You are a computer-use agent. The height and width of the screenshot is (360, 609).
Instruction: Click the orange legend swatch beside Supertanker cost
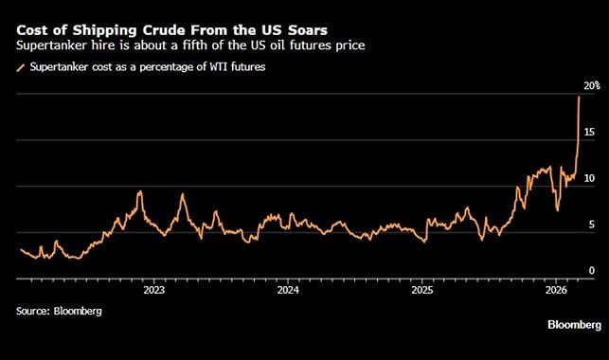(x=21, y=66)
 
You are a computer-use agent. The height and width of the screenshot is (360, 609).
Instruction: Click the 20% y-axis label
(x=590, y=86)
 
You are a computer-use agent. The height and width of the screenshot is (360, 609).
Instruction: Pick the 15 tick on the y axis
(x=589, y=133)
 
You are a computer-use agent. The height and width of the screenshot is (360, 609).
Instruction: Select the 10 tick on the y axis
(x=589, y=178)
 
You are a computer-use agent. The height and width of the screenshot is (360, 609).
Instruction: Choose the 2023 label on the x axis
(x=153, y=292)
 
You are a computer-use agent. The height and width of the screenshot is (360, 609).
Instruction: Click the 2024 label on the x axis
(x=288, y=292)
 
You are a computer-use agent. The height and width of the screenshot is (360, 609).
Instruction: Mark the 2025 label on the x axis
(x=422, y=292)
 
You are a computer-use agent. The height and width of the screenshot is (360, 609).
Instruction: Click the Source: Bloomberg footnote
(x=59, y=311)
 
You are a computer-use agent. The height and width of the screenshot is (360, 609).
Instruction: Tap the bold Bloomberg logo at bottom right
(x=573, y=325)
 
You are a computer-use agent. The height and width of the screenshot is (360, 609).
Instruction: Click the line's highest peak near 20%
(x=579, y=96)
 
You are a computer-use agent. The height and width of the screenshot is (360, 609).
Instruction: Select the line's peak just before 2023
(x=140, y=192)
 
